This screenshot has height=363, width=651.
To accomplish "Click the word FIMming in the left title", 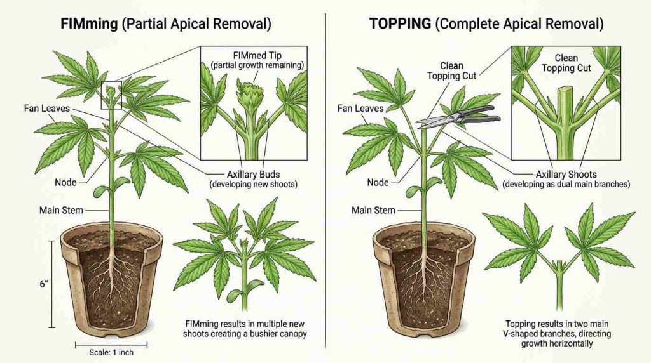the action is click(89, 24).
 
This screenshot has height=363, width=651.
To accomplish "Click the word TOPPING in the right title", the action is click(401, 23).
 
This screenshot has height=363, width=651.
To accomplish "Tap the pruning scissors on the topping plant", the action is click(459, 116).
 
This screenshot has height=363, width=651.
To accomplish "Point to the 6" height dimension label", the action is click(44, 284).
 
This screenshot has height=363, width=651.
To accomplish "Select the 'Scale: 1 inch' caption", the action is click(111, 353).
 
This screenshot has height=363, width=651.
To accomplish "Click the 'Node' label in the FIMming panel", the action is click(65, 182).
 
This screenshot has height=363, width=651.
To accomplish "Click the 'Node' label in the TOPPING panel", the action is click(378, 182).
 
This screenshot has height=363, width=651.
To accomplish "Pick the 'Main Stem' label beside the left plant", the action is click(61, 210).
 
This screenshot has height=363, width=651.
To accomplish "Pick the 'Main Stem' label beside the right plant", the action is click(373, 210).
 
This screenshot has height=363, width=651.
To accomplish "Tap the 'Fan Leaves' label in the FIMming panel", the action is click(47, 109).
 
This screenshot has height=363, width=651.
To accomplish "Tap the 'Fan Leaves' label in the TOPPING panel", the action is click(360, 109).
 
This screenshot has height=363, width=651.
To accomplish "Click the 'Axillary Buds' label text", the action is click(253, 175).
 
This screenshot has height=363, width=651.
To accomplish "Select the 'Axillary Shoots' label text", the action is click(566, 175).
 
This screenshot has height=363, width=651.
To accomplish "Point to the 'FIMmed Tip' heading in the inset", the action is click(257, 55).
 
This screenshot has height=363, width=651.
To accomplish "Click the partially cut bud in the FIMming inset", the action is click(248, 94).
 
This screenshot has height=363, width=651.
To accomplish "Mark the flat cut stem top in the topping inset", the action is click(565, 89).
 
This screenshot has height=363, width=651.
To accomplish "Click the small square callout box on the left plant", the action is click(111, 95).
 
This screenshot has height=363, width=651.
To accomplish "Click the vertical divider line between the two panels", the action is click(325, 180).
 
